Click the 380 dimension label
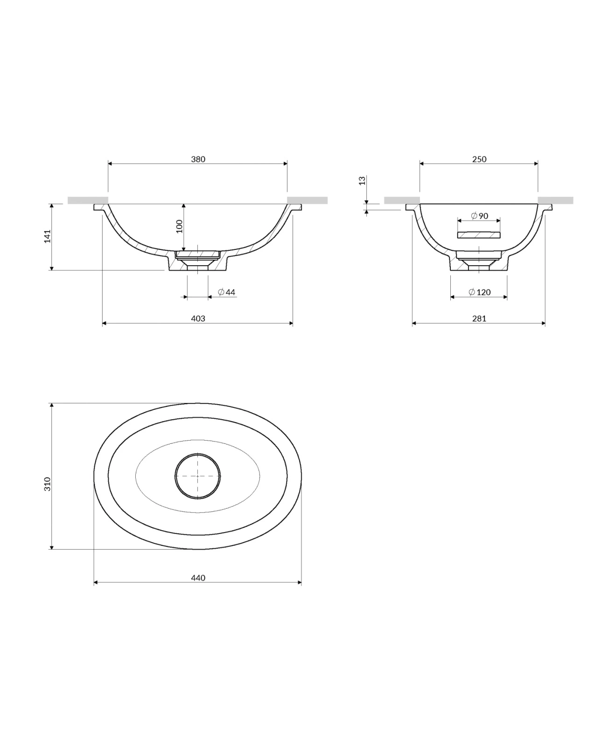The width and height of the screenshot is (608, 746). [x=198, y=159]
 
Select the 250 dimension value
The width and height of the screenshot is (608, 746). [x=479, y=159]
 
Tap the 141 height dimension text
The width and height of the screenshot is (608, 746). [x=47, y=236]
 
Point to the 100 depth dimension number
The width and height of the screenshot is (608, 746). [x=179, y=226]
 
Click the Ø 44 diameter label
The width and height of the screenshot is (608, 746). [x=226, y=292]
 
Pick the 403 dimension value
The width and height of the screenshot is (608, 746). [x=198, y=319]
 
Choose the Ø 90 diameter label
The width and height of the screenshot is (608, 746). [x=479, y=216]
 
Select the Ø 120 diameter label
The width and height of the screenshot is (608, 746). [x=479, y=292]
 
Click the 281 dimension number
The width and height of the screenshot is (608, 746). [x=479, y=319]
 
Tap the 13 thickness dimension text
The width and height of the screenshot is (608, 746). [x=363, y=181]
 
